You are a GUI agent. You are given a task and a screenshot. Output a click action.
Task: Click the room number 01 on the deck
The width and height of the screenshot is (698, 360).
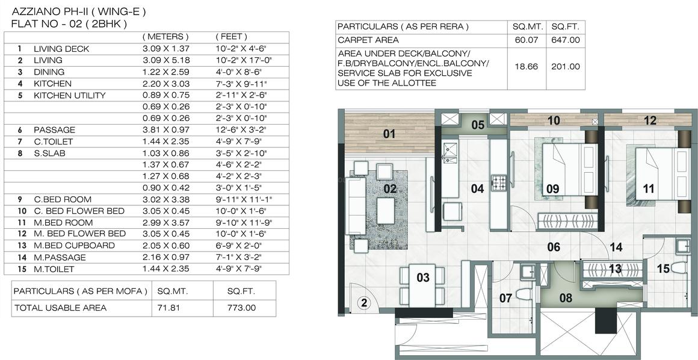pyautogui.click(x=389, y=133)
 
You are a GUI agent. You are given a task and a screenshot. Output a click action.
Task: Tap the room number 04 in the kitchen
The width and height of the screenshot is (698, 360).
pyautogui.click(x=477, y=189)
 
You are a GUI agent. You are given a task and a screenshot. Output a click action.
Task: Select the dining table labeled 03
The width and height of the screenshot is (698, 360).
pyautogui.click(x=423, y=278)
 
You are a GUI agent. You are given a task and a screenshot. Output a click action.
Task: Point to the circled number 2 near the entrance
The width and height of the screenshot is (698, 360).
pyautogui.click(x=363, y=303)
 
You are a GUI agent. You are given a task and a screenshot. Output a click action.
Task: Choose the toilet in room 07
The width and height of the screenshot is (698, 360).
pyautogui.click(x=522, y=294)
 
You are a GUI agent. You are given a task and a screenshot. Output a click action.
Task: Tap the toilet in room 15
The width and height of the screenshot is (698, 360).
pyautogui.click(x=681, y=267)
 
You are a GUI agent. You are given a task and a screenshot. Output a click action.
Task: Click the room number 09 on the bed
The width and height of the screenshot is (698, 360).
pyautogui.click(x=552, y=189)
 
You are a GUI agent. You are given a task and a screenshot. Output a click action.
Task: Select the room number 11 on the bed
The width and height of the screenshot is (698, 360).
pyautogui.click(x=648, y=189)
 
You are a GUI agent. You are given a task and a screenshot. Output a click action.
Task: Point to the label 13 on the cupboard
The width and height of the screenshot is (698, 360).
pyautogui.click(x=615, y=269)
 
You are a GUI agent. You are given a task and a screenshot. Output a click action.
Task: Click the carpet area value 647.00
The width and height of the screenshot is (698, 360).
pyautogui.click(x=566, y=40)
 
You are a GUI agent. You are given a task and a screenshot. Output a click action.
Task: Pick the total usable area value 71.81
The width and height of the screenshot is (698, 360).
pyautogui.click(x=170, y=308)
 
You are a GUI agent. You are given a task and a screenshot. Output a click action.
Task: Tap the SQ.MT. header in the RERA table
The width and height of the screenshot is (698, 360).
pyautogui.click(x=528, y=27)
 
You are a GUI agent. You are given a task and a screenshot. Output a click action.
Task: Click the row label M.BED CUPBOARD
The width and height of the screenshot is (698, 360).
pyautogui.click(x=74, y=245)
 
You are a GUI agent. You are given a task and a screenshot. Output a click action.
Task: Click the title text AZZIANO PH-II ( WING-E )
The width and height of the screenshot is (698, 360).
pyautogui.click(x=79, y=11)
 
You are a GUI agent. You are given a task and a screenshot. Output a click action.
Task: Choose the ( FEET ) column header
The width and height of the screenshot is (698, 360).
pyautogui.click(x=231, y=37)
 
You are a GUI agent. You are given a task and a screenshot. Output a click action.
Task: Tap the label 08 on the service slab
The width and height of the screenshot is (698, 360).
pyautogui.click(x=566, y=297)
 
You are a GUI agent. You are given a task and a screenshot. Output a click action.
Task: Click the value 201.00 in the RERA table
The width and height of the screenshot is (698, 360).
pyautogui.click(x=566, y=67)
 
